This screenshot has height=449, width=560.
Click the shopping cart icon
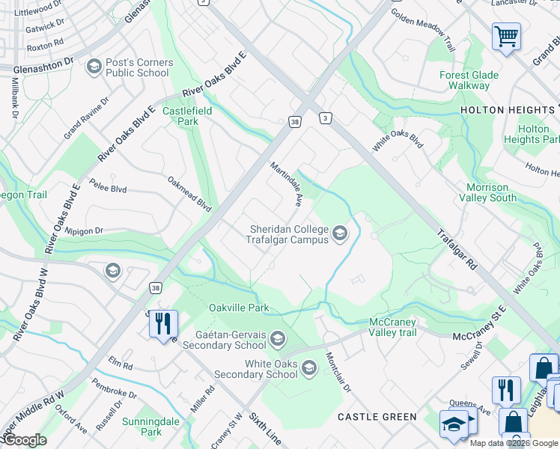506,35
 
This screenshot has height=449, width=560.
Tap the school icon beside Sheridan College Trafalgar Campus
340,234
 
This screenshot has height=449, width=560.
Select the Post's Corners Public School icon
94,68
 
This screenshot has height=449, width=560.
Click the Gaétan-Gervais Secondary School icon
278,340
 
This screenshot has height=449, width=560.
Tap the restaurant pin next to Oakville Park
162,324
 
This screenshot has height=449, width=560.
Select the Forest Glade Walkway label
464,80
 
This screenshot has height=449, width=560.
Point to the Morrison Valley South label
491,192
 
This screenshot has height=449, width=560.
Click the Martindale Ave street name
286,184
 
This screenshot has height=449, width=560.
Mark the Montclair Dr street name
338,367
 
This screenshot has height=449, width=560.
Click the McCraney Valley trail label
403,327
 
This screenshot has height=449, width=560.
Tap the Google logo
25,440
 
